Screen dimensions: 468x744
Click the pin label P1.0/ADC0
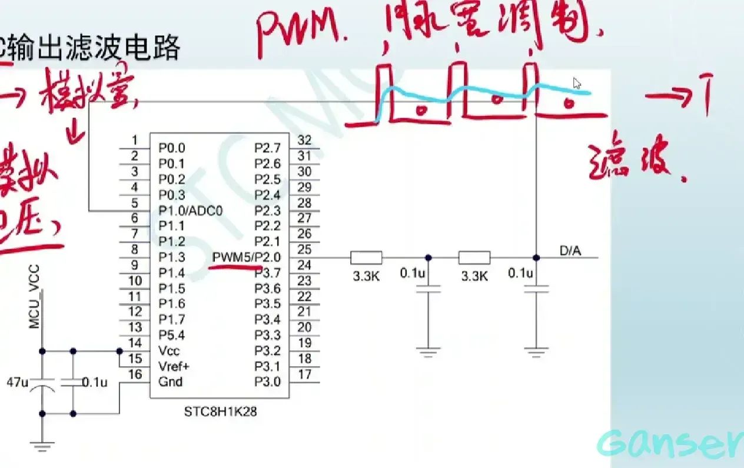[190, 211]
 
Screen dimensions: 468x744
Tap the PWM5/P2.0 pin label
[247, 257]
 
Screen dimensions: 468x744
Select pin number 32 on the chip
[304, 140]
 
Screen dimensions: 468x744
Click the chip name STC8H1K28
[220, 411]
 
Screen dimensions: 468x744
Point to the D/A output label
[570, 251]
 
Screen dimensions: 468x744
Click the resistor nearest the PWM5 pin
[366, 258]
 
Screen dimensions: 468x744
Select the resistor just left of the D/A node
[474, 258]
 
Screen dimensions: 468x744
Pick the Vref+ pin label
[174, 366]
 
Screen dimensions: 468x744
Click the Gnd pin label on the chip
[170, 381]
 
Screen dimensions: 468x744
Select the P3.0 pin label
[267, 381]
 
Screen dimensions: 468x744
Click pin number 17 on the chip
[304, 374]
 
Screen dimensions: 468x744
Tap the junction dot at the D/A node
[536, 258]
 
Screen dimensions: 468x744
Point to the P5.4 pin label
[171, 335]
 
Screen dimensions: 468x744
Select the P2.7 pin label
[267, 147]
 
